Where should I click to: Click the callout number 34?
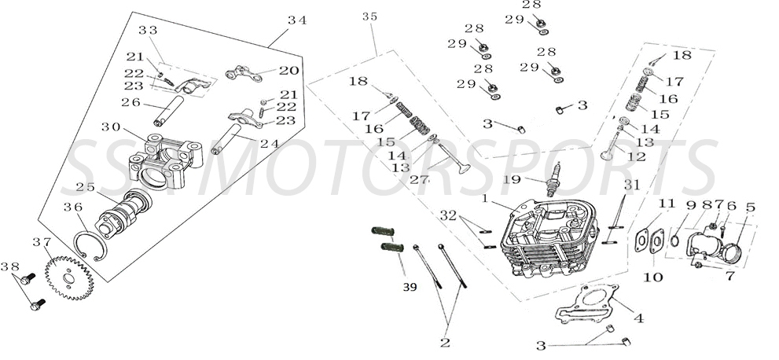coord(297,20)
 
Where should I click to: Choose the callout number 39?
coord(409,288)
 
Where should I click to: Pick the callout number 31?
coord(632,184)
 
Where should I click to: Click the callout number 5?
coord(750,207)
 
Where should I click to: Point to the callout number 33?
coord(148,30)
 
